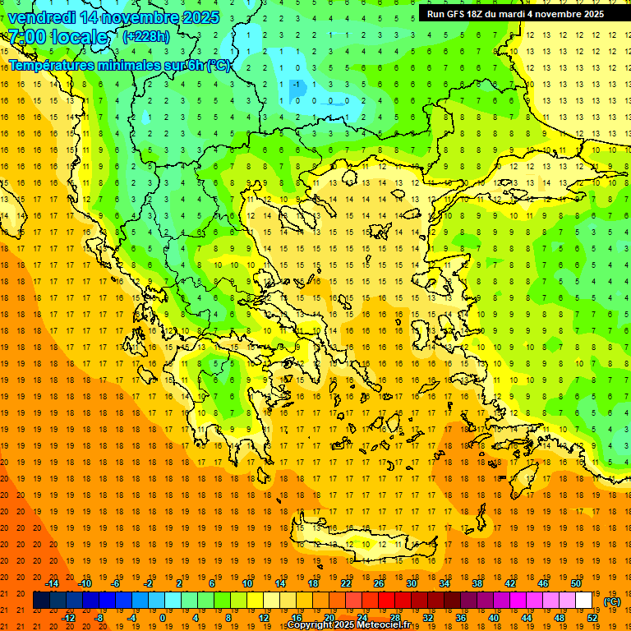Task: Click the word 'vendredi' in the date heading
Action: click(45, 17)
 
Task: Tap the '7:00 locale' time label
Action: click(58, 37)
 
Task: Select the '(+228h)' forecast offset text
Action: click(146, 36)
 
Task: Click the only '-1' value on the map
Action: click(294, 84)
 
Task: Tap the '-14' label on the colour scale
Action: click(53, 583)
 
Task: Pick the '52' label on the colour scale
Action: click(592, 617)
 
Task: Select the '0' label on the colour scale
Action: click(162, 617)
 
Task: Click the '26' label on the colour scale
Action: click(379, 583)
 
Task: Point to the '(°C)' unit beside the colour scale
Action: click(612, 601)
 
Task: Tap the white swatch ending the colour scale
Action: click(584, 601)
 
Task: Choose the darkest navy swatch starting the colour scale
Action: click(41, 601)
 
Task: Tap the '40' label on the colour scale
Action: click(494, 617)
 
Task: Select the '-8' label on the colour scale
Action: click(100, 617)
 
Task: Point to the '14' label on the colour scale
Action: click(281, 583)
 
